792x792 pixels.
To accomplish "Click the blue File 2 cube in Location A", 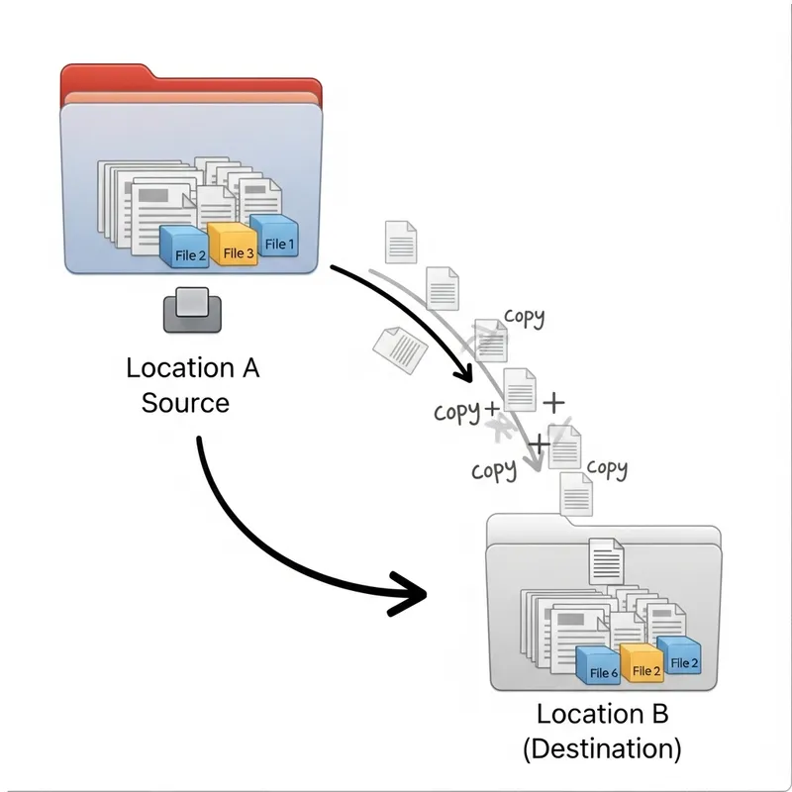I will pos(185,247).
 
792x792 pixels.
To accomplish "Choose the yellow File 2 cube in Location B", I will pos(643,664).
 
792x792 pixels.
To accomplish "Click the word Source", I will pos(185,403).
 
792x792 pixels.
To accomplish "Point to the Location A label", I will pos(192,368).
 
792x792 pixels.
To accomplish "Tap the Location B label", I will pos(602,714).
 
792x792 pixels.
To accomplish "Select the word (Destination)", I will pos(602,748).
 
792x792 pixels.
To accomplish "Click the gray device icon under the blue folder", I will pos(192,309).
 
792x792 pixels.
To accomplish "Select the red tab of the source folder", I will pos(188,81).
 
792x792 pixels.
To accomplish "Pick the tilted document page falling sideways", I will pos(399,347).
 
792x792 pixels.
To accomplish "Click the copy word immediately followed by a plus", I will pos(455,411).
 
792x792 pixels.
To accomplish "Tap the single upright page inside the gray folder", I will pos(605,561).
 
